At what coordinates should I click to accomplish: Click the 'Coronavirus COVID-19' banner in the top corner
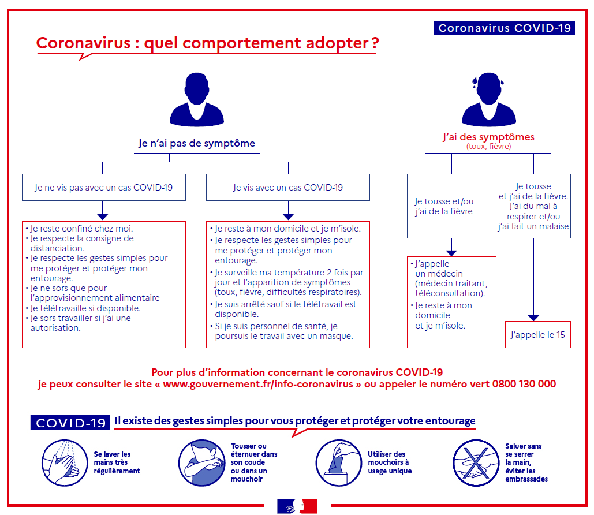[x=504, y=28]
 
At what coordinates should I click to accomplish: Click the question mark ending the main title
[x=375, y=43]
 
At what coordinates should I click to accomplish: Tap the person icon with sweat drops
[x=489, y=99]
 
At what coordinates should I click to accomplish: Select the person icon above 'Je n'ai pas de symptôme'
[x=197, y=99]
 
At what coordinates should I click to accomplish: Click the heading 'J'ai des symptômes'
[x=489, y=137]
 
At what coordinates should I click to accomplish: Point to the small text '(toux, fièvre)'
[x=489, y=146]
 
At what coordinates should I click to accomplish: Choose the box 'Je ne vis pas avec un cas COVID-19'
[x=104, y=187]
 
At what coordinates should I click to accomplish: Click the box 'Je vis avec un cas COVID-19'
[x=288, y=187]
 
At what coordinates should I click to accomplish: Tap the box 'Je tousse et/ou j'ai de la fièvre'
[x=444, y=206]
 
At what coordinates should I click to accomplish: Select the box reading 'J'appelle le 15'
[x=538, y=335]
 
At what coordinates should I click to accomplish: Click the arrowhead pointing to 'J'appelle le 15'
[x=533, y=318]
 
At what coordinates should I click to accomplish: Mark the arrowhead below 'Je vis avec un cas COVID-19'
[x=288, y=217]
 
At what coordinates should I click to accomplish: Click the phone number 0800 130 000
[x=524, y=384]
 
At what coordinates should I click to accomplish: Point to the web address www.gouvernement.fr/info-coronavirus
[x=258, y=384]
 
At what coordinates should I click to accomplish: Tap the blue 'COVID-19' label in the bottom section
[x=70, y=423]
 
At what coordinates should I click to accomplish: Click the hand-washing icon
[x=65, y=462]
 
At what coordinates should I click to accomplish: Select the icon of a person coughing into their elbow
[x=202, y=462]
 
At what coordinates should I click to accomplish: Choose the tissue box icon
[x=339, y=462]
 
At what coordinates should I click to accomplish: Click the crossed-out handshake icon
[x=476, y=462]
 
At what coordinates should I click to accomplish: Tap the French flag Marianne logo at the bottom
[x=297, y=506]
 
